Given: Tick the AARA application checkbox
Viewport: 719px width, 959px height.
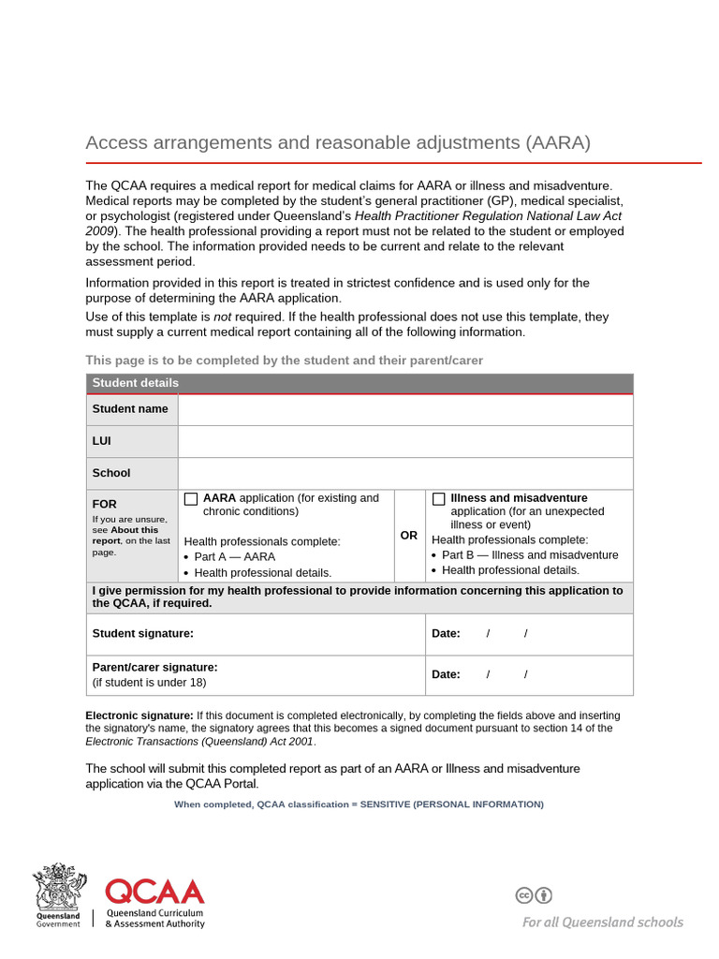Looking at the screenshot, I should (x=191, y=499).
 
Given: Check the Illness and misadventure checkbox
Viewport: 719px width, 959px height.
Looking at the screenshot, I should (x=438, y=499).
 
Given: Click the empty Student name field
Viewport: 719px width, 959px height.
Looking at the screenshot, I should (x=405, y=409).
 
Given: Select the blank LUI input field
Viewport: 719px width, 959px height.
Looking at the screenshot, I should (x=405, y=441).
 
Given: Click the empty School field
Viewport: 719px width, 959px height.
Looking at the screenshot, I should (x=405, y=473).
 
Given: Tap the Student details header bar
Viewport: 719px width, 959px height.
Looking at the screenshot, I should (x=359, y=383).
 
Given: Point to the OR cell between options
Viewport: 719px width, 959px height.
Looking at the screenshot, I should (x=409, y=536).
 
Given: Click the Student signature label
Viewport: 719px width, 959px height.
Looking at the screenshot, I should (x=143, y=634).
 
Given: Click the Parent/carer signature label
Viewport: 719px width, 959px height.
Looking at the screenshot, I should (x=154, y=668).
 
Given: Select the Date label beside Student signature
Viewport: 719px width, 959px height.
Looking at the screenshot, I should (x=446, y=634).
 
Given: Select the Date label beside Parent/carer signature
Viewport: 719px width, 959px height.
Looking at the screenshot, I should (x=446, y=674).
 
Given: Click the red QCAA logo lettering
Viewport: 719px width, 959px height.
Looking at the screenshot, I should (x=154, y=892).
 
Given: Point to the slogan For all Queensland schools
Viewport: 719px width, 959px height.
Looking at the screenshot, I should (x=602, y=922).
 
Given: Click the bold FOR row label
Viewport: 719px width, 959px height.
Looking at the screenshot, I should (x=105, y=504).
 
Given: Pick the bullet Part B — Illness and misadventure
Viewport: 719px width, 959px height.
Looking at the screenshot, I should (x=530, y=555).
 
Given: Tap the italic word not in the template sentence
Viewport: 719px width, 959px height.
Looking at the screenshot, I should (x=223, y=317).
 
